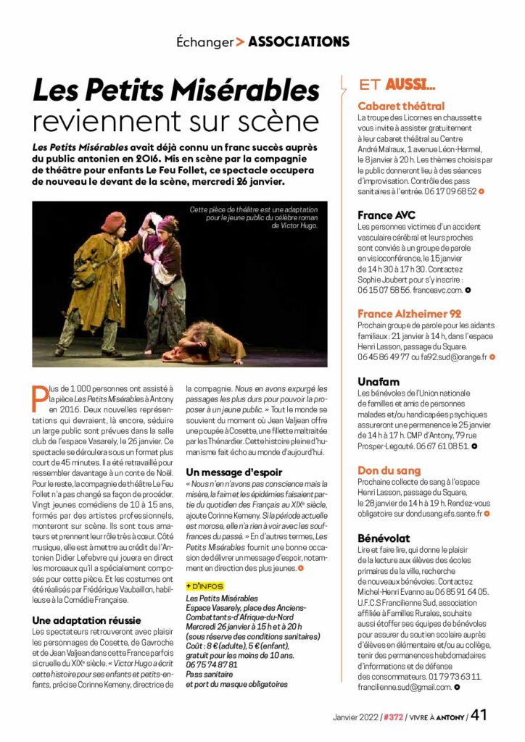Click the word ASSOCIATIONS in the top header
point(298,42)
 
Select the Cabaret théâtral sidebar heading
point(401,107)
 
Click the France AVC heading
point(386,215)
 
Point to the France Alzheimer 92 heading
point(410,314)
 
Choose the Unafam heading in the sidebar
point(379,382)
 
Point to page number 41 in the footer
point(479,716)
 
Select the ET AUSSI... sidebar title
point(397,86)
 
